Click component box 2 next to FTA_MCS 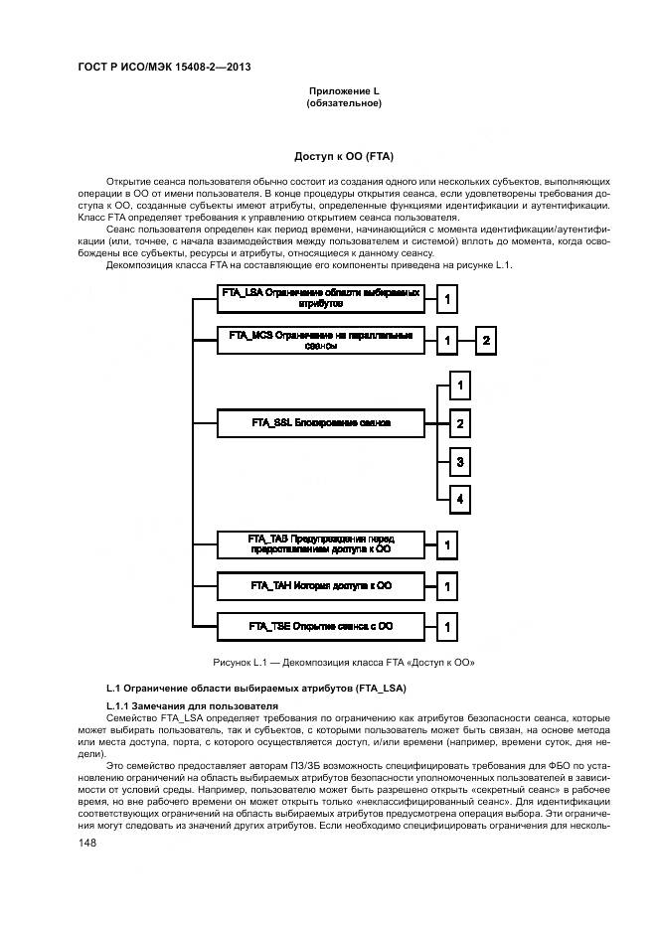click(x=486, y=342)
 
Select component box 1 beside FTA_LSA click(x=448, y=299)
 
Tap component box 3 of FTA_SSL click(x=459, y=462)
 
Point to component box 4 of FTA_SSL click(x=459, y=499)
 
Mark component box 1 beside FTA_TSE click(x=448, y=627)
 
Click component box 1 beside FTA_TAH click(x=448, y=587)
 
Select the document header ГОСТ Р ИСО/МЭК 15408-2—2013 click(x=163, y=67)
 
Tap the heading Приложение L click(x=344, y=91)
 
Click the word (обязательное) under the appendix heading click(x=344, y=103)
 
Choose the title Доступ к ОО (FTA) click(x=344, y=157)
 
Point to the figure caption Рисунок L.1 click(x=344, y=662)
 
